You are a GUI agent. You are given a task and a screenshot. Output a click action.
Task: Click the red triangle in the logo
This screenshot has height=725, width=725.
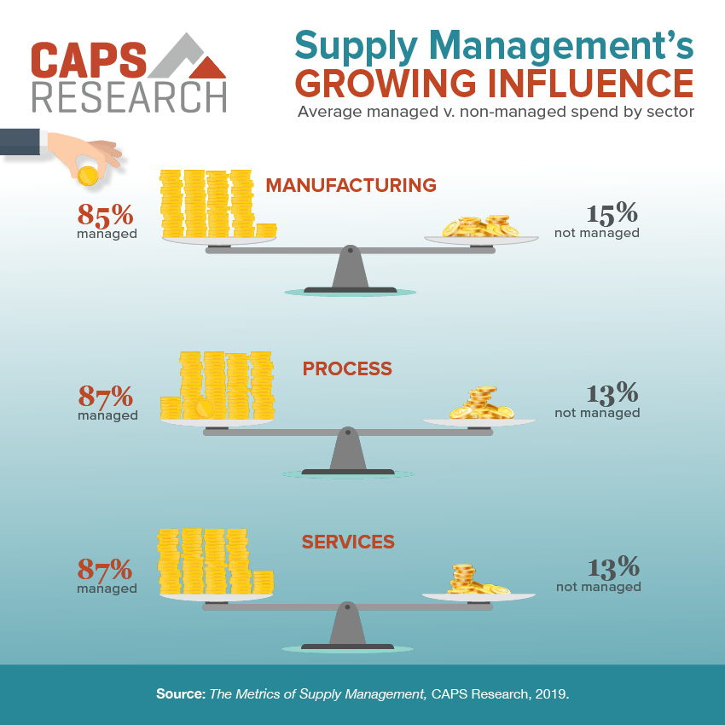(x=206, y=67)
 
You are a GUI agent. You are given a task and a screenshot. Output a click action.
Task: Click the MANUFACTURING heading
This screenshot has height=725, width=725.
(x=351, y=185)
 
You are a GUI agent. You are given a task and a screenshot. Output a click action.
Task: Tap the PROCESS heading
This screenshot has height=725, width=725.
(x=347, y=368)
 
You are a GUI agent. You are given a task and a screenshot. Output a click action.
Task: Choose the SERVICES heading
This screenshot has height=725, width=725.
(x=348, y=542)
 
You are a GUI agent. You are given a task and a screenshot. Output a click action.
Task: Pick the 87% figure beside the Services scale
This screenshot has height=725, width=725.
(x=106, y=568)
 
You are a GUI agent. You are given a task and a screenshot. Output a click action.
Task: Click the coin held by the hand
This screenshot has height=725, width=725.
(x=87, y=177)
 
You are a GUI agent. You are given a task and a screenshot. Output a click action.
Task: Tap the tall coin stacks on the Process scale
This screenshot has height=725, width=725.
(x=226, y=386)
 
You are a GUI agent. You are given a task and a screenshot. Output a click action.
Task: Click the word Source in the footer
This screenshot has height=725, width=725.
(x=180, y=694)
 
